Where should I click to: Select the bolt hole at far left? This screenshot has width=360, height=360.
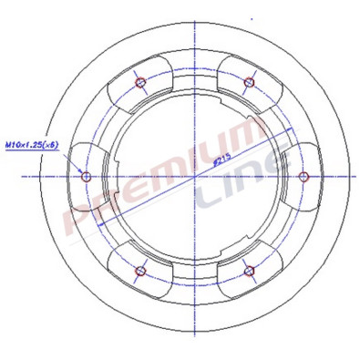tap(86, 175)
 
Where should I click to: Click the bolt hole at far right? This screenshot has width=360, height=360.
tap(304, 175)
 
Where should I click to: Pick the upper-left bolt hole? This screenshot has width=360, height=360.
tap(140, 81)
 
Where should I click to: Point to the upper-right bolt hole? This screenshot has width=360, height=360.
tap(249, 81)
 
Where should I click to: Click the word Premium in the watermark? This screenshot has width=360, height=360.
tap(155, 178)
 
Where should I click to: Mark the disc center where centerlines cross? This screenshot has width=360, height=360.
tap(195, 175)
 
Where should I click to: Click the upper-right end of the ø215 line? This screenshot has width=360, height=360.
tap(290, 133)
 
